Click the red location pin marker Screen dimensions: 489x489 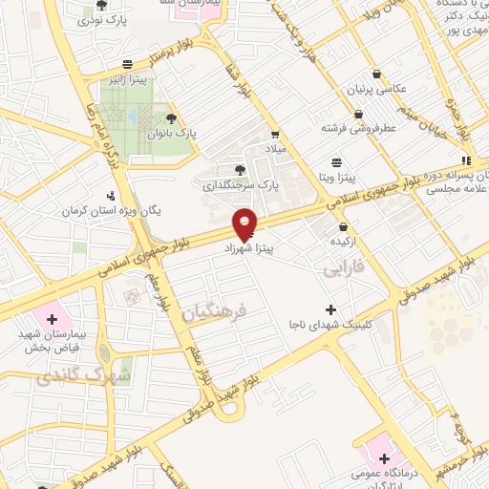pos(245,223)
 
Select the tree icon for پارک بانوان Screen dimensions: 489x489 pos(172,118)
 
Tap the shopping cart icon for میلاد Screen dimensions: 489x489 pos(275,136)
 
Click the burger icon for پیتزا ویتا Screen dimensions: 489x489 pos(335,162)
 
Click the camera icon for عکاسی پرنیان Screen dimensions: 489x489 pos(377,74)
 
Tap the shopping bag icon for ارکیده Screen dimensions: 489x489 pos(343,227)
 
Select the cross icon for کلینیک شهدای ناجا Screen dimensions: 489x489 pos(330,308)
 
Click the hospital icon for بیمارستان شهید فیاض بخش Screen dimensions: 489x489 pos(52,316)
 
